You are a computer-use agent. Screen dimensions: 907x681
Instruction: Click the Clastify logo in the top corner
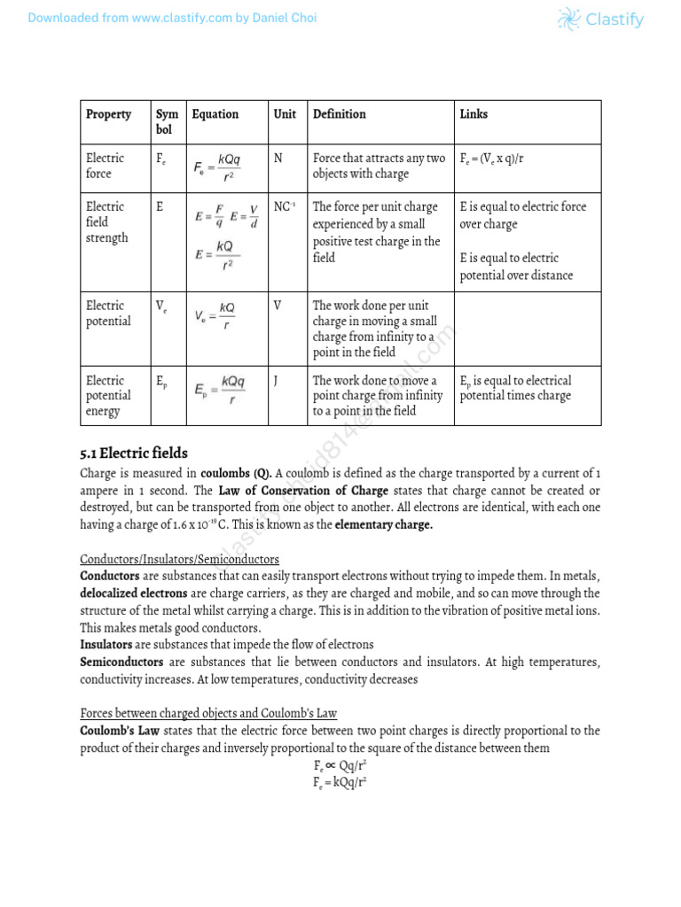(x=600, y=19)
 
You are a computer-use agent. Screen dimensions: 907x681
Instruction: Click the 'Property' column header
(x=108, y=114)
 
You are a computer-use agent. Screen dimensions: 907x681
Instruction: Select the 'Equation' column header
(x=215, y=114)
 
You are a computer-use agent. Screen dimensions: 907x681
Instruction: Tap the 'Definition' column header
(x=339, y=114)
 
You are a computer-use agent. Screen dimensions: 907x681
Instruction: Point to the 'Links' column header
(x=474, y=114)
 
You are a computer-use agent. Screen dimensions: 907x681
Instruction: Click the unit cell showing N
(x=278, y=159)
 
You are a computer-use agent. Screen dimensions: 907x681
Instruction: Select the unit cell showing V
(x=278, y=306)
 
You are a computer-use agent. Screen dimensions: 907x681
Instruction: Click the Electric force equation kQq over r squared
(x=217, y=167)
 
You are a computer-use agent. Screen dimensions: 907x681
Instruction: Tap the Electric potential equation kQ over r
(x=215, y=315)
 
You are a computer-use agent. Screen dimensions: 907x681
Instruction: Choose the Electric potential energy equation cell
(x=220, y=389)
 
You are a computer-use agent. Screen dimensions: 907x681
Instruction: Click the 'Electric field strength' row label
(x=107, y=222)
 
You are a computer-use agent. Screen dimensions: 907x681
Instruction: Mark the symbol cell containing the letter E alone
(x=160, y=207)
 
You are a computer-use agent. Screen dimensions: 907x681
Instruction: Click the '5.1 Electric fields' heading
(x=134, y=453)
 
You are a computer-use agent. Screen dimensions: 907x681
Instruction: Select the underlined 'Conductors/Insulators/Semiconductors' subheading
(x=179, y=560)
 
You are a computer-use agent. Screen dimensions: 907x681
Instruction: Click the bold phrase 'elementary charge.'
(x=383, y=525)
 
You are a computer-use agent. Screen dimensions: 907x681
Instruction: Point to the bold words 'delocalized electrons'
(x=134, y=593)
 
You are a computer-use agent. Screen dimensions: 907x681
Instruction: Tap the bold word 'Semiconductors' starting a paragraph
(x=121, y=662)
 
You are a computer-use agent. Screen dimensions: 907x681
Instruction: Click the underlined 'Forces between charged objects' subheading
(x=208, y=713)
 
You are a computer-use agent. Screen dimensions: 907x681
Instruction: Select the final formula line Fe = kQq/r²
(x=340, y=783)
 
